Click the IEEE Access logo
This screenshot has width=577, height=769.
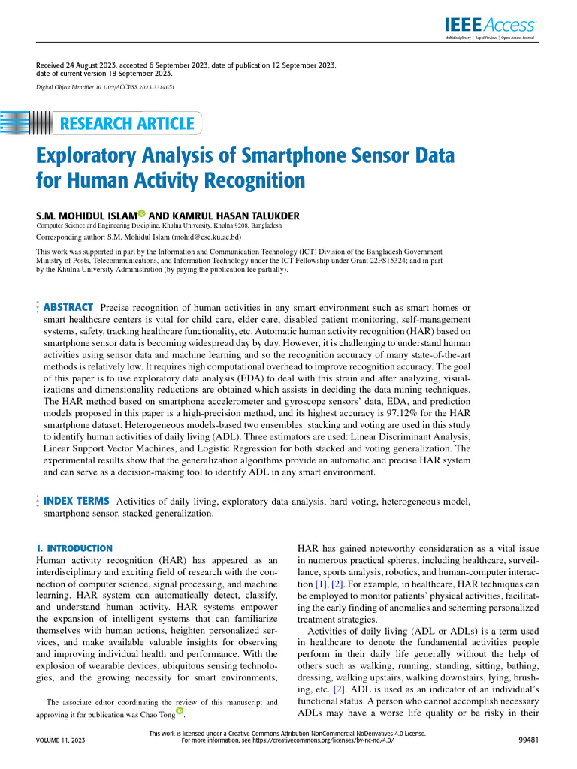[x=490, y=25]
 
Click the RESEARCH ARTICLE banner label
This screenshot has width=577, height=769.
[x=127, y=124]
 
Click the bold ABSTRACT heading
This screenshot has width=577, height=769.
[x=68, y=307]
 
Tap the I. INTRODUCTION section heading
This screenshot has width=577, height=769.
[x=74, y=549]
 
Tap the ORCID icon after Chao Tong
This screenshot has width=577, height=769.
[x=179, y=710]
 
